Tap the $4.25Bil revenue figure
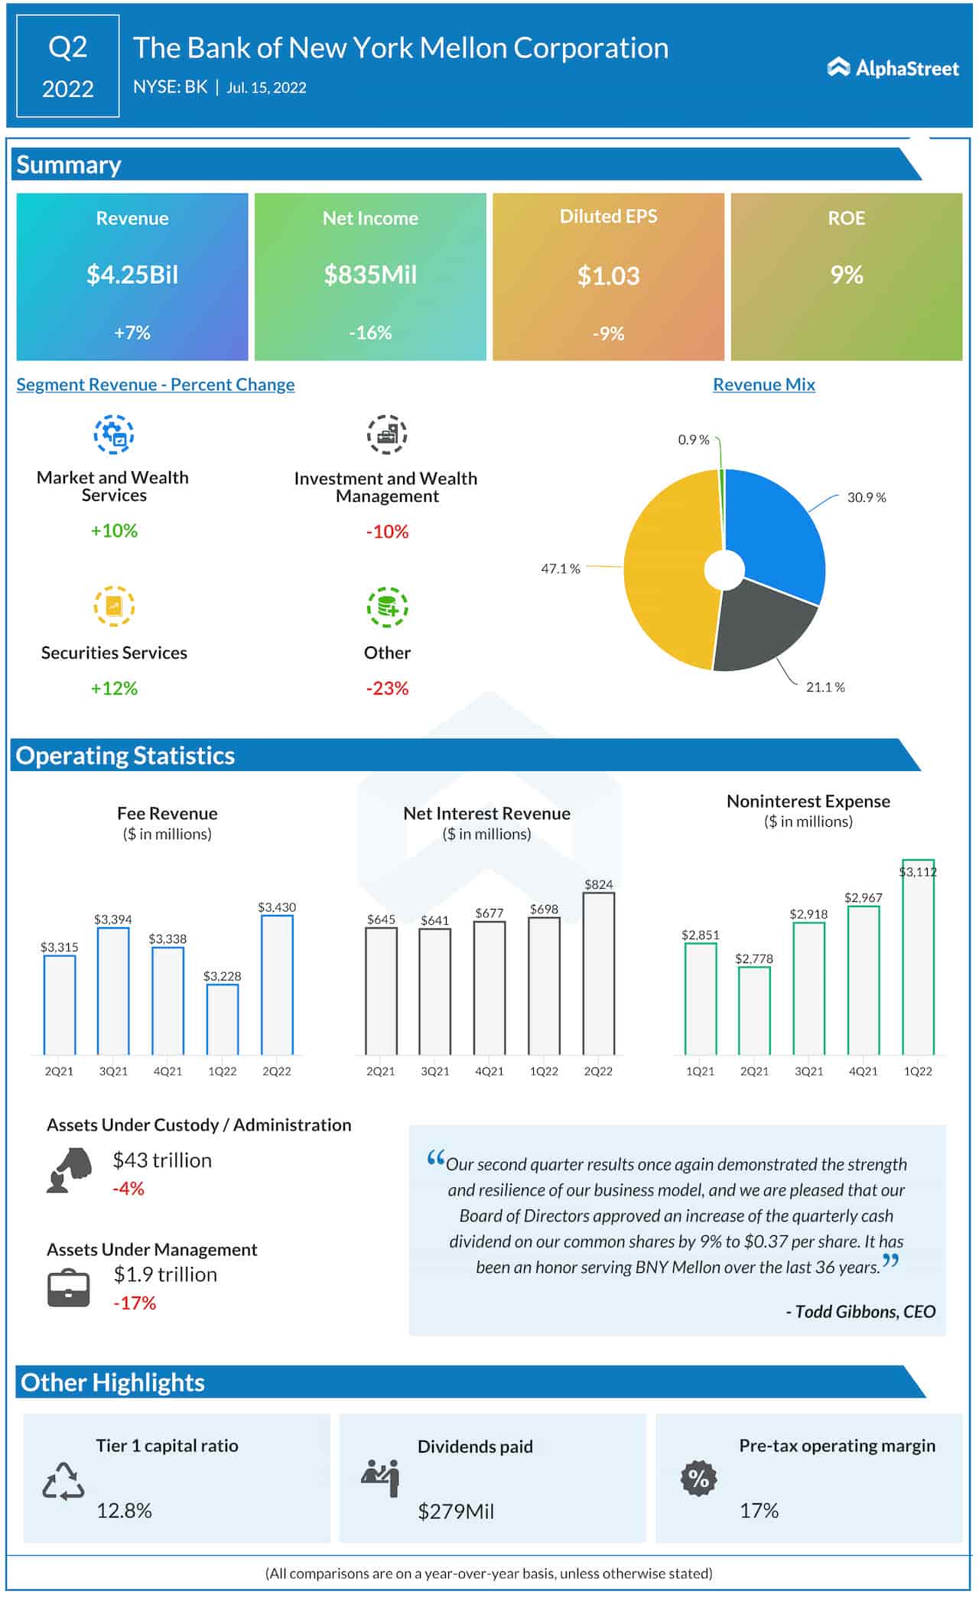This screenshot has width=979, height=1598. pos(132,275)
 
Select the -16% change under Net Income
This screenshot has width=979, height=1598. pos(370,333)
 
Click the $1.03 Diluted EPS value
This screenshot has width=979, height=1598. pos(608,275)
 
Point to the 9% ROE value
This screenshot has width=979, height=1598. pos(846,275)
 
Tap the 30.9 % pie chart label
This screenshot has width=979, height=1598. pos(866,497)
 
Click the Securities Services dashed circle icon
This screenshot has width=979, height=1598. pos(114,607)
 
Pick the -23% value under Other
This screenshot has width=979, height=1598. pos(387,688)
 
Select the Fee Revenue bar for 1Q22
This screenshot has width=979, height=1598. pos(223,1019)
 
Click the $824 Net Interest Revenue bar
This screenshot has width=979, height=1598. pos(598,973)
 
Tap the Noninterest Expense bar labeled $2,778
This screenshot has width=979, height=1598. pos(754,1011)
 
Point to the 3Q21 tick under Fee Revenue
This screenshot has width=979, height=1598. pos(113,1071)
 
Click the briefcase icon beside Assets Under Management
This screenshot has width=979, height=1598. pos(69,1288)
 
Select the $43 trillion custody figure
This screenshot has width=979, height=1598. pos(162,1160)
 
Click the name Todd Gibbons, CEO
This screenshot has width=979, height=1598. pos(860,1311)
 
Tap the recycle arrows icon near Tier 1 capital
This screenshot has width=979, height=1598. pos(63,1482)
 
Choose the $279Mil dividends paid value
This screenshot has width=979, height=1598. pos(456,1511)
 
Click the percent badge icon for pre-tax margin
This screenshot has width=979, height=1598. pos(698,1479)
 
